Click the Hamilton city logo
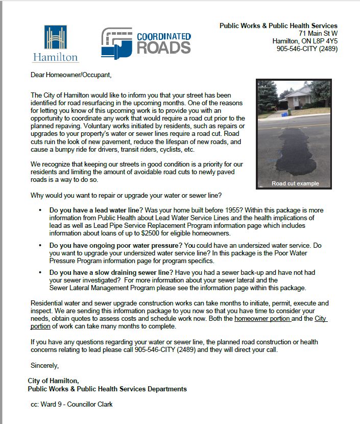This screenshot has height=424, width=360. coord(56,43)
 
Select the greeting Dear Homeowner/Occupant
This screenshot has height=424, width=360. coord(70,75)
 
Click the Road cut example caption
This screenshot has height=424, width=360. coord(295,183)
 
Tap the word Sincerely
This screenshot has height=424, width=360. coord(44,365)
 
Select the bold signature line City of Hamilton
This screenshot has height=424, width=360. coord(54,381)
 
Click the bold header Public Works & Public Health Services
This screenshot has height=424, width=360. coord(278,26)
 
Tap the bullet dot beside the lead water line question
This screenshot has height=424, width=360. coord(40,210)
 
